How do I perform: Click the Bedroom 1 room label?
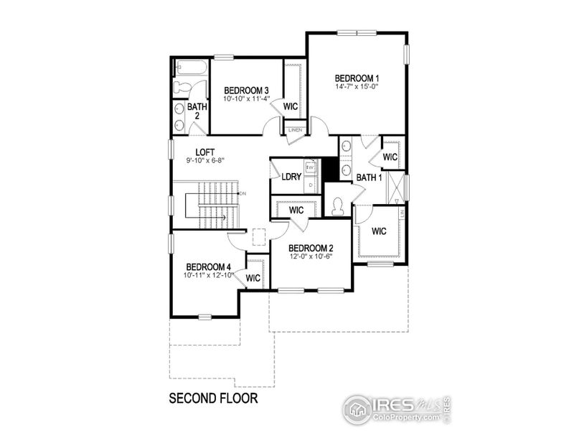pyautogui.click(x=357, y=78)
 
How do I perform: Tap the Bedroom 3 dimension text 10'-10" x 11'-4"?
pyautogui.click(x=236, y=98)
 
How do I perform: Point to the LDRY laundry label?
pyautogui.click(x=291, y=177)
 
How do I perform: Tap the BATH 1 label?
pyautogui.click(x=369, y=177)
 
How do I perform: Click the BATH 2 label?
pyautogui.click(x=197, y=112)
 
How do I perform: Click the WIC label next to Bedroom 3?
pyautogui.click(x=291, y=106)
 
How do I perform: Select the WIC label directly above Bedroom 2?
pyautogui.click(x=296, y=210)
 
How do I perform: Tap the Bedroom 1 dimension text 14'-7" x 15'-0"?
pyautogui.click(x=357, y=87)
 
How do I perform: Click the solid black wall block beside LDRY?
pyautogui.click(x=329, y=170)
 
